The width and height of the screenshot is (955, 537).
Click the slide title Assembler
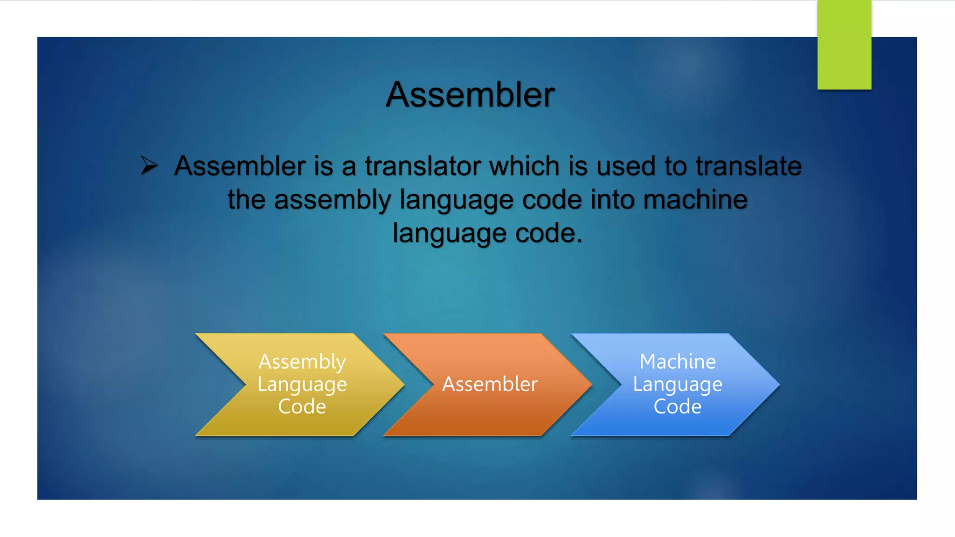(470, 95)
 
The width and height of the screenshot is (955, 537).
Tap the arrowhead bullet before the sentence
(149, 165)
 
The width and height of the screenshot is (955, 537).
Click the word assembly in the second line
(332, 200)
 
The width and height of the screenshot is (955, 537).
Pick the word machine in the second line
(695, 200)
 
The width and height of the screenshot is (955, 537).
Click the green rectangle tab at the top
(844, 45)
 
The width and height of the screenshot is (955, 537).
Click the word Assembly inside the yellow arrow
(302, 362)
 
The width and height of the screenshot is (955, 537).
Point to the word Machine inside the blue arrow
(677, 362)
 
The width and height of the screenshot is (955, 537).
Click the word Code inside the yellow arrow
(302, 406)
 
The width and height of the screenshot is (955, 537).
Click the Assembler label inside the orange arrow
(490, 384)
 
